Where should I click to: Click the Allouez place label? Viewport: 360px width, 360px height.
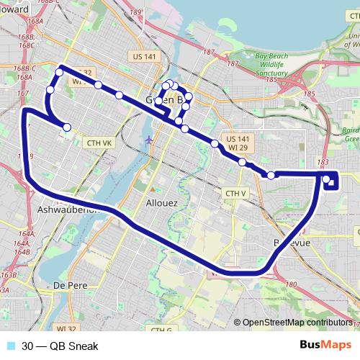(162, 203)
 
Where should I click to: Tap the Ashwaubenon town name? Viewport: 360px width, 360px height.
(67, 210)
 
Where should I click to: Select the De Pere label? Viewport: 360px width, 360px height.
(71, 285)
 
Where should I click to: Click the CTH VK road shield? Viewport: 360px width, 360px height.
(99, 143)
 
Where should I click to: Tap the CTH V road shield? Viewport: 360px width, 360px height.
(235, 194)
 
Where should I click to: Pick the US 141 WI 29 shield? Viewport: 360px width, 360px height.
(238, 143)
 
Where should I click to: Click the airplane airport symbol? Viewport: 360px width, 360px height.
(148, 139)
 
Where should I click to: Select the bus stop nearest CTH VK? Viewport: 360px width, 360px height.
(67, 127)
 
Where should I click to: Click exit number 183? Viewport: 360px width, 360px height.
(323, 163)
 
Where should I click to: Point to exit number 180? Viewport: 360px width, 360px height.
(291, 285)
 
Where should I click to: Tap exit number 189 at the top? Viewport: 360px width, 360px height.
(136, 12)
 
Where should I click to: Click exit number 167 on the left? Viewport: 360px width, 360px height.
(23, 93)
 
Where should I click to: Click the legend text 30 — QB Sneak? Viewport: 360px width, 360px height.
(60, 347)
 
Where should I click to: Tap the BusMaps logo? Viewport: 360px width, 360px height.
(325, 346)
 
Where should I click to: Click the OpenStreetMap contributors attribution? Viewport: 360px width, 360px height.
(297, 323)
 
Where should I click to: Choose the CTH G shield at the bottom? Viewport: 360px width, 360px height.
(161, 330)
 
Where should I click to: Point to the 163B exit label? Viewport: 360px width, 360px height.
(9, 275)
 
